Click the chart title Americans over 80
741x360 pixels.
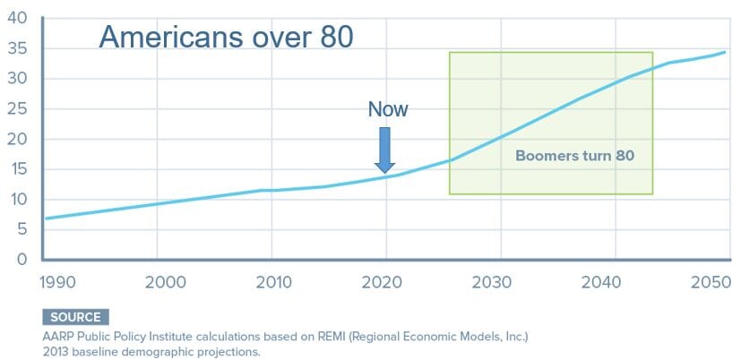(227, 38)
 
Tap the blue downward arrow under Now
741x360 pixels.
(384, 150)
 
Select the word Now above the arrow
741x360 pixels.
(388, 109)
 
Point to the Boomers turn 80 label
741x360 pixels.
(574, 156)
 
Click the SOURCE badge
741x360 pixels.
(75, 317)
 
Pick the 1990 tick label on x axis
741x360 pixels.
(57, 282)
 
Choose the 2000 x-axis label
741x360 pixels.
(166, 282)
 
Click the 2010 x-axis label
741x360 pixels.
(273, 282)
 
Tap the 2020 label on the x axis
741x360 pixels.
(382, 282)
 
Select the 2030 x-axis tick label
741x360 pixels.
(492, 282)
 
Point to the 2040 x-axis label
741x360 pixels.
(600, 282)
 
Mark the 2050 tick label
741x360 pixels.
(711, 282)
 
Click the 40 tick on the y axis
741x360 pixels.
(18, 19)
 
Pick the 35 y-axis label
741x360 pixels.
(18, 48)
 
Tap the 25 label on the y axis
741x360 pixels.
(18, 109)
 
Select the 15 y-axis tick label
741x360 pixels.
(18, 169)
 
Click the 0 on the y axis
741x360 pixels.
(22, 260)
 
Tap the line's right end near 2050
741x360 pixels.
(725, 52)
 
